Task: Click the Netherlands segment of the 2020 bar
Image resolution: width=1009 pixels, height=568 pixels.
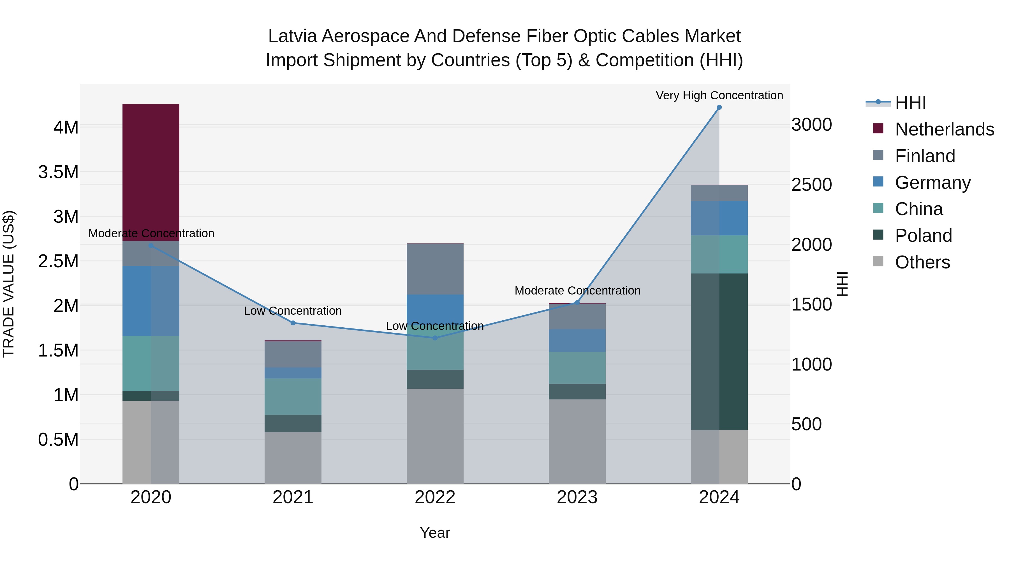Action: coord(151,173)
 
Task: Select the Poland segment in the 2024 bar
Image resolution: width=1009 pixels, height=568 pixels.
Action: coord(719,352)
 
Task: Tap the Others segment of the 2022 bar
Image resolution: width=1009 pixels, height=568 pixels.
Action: coord(435,436)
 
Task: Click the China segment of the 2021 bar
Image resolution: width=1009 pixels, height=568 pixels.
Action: coord(293,396)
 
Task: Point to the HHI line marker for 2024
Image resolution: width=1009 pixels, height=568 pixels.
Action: coord(719,107)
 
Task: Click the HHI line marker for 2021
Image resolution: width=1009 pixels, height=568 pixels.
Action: coord(293,323)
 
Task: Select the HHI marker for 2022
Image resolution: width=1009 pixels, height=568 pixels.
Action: coord(435,338)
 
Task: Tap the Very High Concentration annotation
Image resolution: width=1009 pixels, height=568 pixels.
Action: coord(719,95)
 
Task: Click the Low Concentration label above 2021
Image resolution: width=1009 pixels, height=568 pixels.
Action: coord(293,311)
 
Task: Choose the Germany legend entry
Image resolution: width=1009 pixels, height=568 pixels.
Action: coord(932,183)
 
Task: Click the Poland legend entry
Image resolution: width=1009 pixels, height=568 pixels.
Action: coord(923,236)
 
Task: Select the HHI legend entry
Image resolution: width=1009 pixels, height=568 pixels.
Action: coord(910,103)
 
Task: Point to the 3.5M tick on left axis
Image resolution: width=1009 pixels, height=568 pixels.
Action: coord(58,172)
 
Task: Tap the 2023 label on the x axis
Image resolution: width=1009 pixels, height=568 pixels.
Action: coord(577,497)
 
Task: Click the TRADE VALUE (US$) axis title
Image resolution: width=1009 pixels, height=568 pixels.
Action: coord(9,284)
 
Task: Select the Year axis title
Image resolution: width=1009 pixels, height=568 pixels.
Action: coord(435,533)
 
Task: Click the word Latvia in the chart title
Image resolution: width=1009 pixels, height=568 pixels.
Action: coord(292,36)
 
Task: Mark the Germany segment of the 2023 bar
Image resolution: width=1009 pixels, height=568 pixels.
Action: coord(577,340)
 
